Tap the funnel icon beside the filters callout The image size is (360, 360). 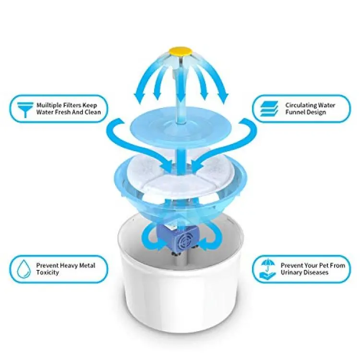click(25, 109)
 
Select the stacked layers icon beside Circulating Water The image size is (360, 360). click(269, 108)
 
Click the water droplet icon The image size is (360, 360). click(24, 269)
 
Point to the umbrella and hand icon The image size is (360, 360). click(267, 269)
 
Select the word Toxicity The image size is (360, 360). click(48, 273)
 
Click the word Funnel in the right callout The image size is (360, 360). click(294, 112)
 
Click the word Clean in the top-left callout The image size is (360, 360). click(93, 112)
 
